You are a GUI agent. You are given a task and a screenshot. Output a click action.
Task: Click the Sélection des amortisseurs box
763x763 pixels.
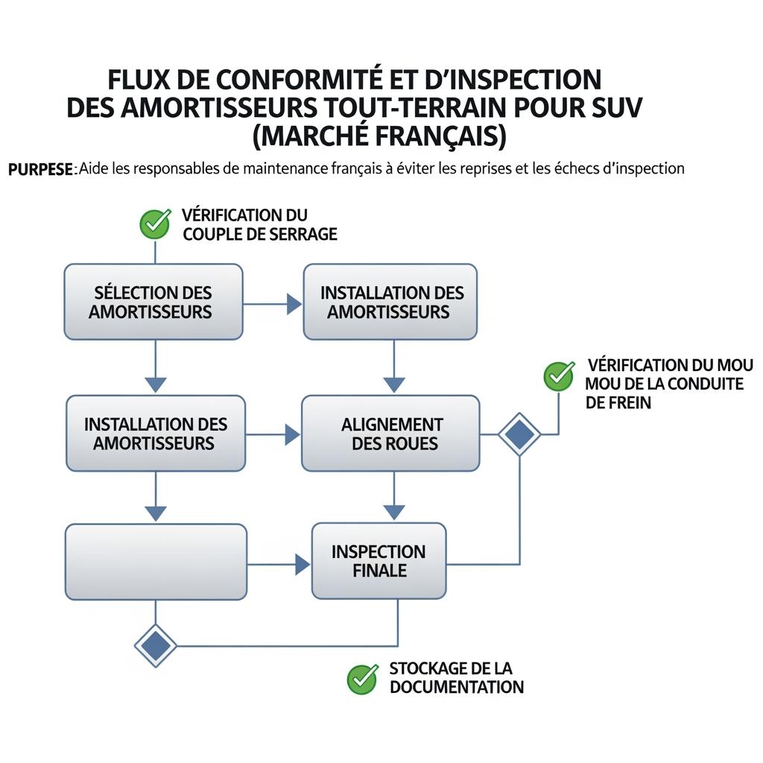pyautogui.click(x=153, y=302)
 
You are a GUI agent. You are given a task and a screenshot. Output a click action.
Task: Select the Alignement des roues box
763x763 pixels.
pyautogui.click(x=391, y=433)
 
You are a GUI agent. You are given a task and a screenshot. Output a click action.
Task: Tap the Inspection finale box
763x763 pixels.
pyautogui.click(x=379, y=561)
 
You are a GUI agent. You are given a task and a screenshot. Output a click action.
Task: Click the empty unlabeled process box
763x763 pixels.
pyautogui.click(x=156, y=562)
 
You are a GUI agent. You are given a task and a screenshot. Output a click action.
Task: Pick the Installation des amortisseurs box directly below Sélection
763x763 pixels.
pyautogui.click(x=155, y=433)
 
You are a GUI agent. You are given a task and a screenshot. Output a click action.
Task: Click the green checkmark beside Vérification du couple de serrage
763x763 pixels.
pyautogui.click(x=155, y=223)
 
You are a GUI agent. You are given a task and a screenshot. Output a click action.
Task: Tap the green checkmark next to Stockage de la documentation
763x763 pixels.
pyautogui.click(x=363, y=678)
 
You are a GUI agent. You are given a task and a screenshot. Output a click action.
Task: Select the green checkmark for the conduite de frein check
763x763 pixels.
pyautogui.click(x=559, y=376)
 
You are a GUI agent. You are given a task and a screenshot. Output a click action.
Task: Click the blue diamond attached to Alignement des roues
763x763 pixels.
pyautogui.click(x=519, y=434)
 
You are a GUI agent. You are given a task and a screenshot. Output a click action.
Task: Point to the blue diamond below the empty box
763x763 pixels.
pyautogui.click(x=156, y=645)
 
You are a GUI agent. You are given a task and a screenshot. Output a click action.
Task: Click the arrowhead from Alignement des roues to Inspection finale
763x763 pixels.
pyautogui.click(x=393, y=513)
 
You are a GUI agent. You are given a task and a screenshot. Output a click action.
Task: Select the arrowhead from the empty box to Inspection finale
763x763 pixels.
pyautogui.click(x=303, y=565)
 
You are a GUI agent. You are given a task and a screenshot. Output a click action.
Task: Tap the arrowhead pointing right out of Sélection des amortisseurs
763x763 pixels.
pyautogui.click(x=294, y=304)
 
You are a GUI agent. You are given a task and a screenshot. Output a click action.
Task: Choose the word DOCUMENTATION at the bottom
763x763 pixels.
pyautogui.click(x=456, y=687)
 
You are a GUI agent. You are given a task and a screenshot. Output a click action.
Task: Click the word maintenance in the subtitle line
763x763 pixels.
pyautogui.click(x=285, y=168)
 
